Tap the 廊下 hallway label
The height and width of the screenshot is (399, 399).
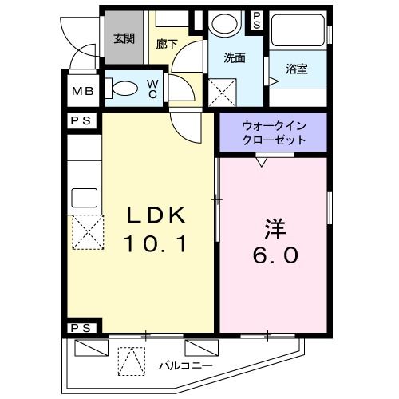[x=166, y=45]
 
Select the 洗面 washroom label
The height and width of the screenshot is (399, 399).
[x=234, y=57]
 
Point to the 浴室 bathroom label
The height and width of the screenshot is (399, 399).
[x=298, y=69]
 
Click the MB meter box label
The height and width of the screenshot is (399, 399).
[x=82, y=91]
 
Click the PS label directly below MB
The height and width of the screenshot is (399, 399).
[x=81, y=120]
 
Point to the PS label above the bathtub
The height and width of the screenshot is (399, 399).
[x=258, y=22]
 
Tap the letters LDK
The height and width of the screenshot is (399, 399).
[x=157, y=215]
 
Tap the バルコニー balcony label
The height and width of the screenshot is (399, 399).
[x=185, y=365]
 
